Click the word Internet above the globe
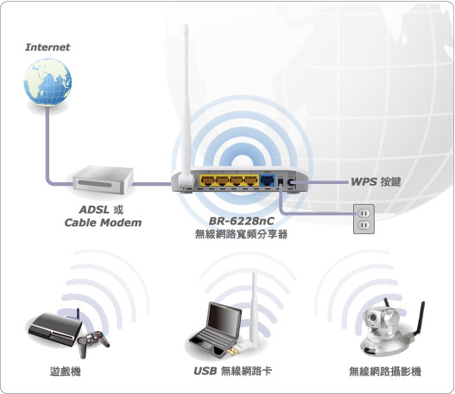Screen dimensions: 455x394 coord(47,48)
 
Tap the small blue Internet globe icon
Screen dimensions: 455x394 coord(47,81)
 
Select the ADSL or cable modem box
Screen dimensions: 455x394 coord(103,180)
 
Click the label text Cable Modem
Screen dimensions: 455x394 coord(103,223)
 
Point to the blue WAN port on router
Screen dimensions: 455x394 coord(267,181)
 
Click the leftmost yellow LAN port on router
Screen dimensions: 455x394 coord(207,181)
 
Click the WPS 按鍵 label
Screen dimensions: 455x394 coord(376,182)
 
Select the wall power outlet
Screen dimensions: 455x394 coord(363,219)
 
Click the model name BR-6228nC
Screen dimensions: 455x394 coord(242,221)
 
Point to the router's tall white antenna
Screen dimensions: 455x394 coord(186,107)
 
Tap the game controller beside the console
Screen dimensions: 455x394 coord(93,343)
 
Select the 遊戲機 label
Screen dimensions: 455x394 coord(66,372)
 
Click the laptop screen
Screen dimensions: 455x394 coord(224,319)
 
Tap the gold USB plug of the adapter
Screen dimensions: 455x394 coord(232,352)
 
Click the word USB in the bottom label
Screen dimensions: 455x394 coord(205,371)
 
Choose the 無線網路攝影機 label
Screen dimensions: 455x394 coord(385,372)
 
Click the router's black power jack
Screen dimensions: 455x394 coord(281,182)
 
